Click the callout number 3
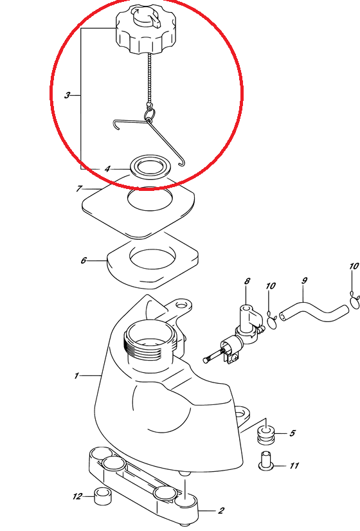pyautogui.click(x=67, y=96)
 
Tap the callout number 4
pyautogui.click(x=107, y=168)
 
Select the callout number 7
pyautogui.click(x=79, y=188)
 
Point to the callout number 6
pyautogui.click(x=84, y=260)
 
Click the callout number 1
pyautogui.click(x=76, y=375)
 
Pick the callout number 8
pyautogui.click(x=248, y=281)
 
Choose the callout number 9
pyautogui.click(x=304, y=280)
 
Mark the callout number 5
pyautogui.click(x=292, y=433)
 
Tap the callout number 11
pyautogui.click(x=294, y=465)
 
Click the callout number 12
pyautogui.click(x=78, y=496)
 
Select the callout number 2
pyautogui.click(x=221, y=510)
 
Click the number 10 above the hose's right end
pyautogui.click(x=354, y=266)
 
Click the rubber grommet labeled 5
pyautogui.click(x=267, y=436)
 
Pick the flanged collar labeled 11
pyautogui.click(x=266, y=461)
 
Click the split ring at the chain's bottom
pyautogui.click(x=150, y=113)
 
